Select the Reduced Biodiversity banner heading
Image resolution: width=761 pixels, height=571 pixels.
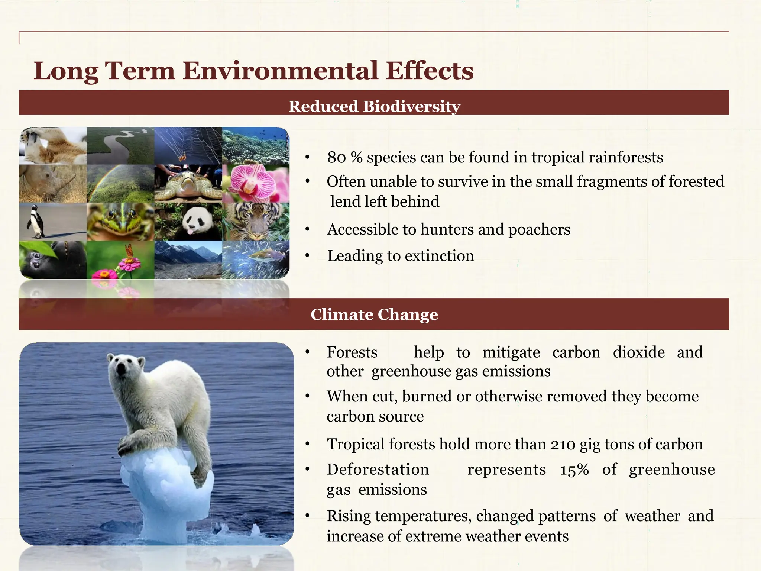(374, 106)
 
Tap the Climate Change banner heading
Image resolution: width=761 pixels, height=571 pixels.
(374, 314)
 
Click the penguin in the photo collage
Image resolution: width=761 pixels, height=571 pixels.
(36, 222)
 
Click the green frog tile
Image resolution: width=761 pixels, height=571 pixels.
(120, 222)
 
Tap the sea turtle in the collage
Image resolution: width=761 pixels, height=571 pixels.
(188, 184)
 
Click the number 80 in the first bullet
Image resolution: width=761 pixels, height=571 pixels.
(336, 158)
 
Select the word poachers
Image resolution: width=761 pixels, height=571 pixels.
(539, 230)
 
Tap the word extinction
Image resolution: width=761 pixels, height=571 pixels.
(439, 256)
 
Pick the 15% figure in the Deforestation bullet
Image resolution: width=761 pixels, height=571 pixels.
(574, 470)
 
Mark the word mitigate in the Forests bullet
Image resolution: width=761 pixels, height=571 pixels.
(511, 352)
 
